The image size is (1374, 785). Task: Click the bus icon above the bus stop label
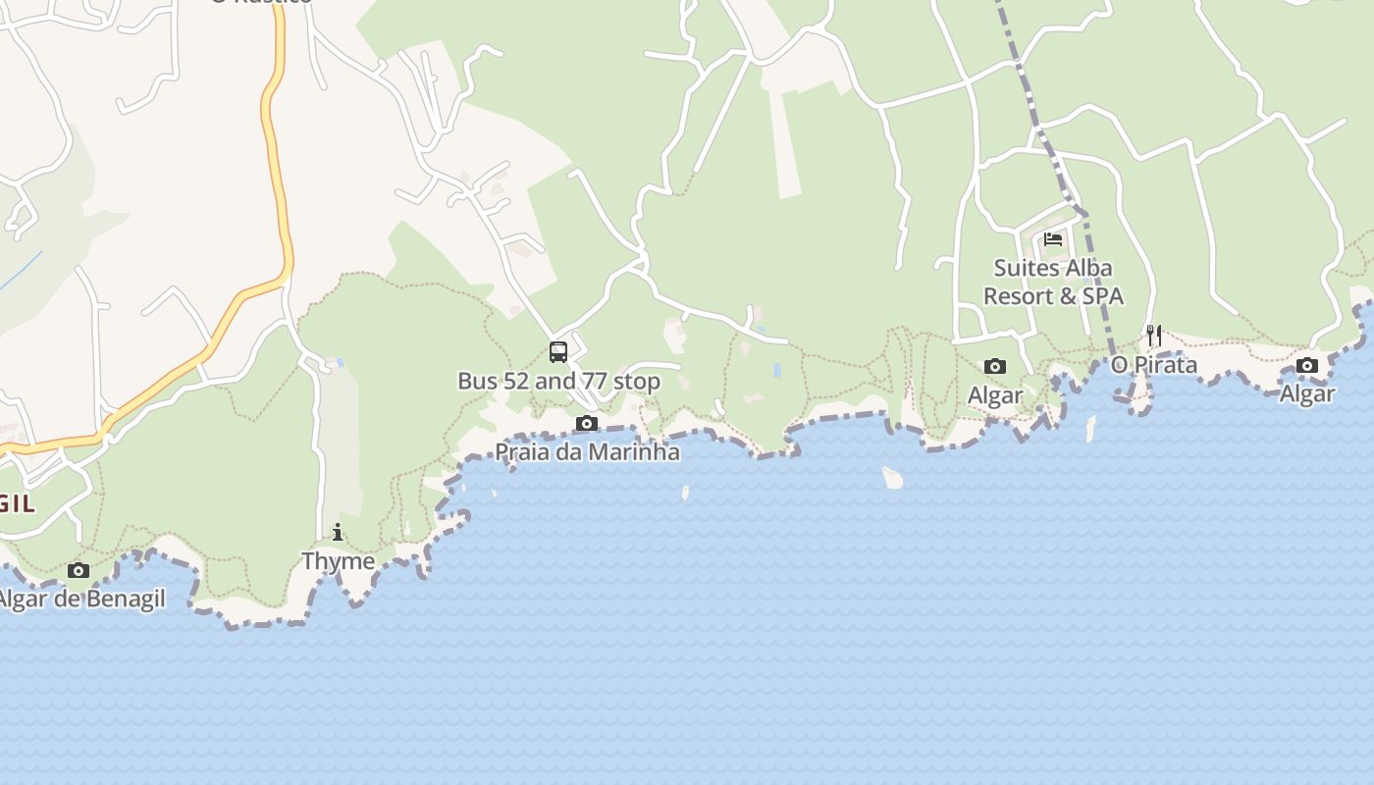point(558,351)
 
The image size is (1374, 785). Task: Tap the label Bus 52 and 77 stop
point(558,381)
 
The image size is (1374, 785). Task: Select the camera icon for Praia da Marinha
point(586,424)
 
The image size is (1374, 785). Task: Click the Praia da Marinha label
point(587,452)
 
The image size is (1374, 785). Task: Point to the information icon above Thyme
point(338,533)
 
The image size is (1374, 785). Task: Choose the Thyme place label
point(338,561)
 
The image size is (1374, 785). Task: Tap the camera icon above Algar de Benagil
point(79,570)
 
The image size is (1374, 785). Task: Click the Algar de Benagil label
point(82,599)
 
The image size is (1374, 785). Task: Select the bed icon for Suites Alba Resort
point(1053,238)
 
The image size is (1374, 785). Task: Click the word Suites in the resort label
point(1026,268)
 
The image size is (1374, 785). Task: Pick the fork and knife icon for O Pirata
point(1154,336)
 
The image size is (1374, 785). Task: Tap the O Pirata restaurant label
point(1154,365)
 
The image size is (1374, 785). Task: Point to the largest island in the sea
point(892,478)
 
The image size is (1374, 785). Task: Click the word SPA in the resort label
point(1103,296)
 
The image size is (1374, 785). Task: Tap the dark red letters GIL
point(18,504)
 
